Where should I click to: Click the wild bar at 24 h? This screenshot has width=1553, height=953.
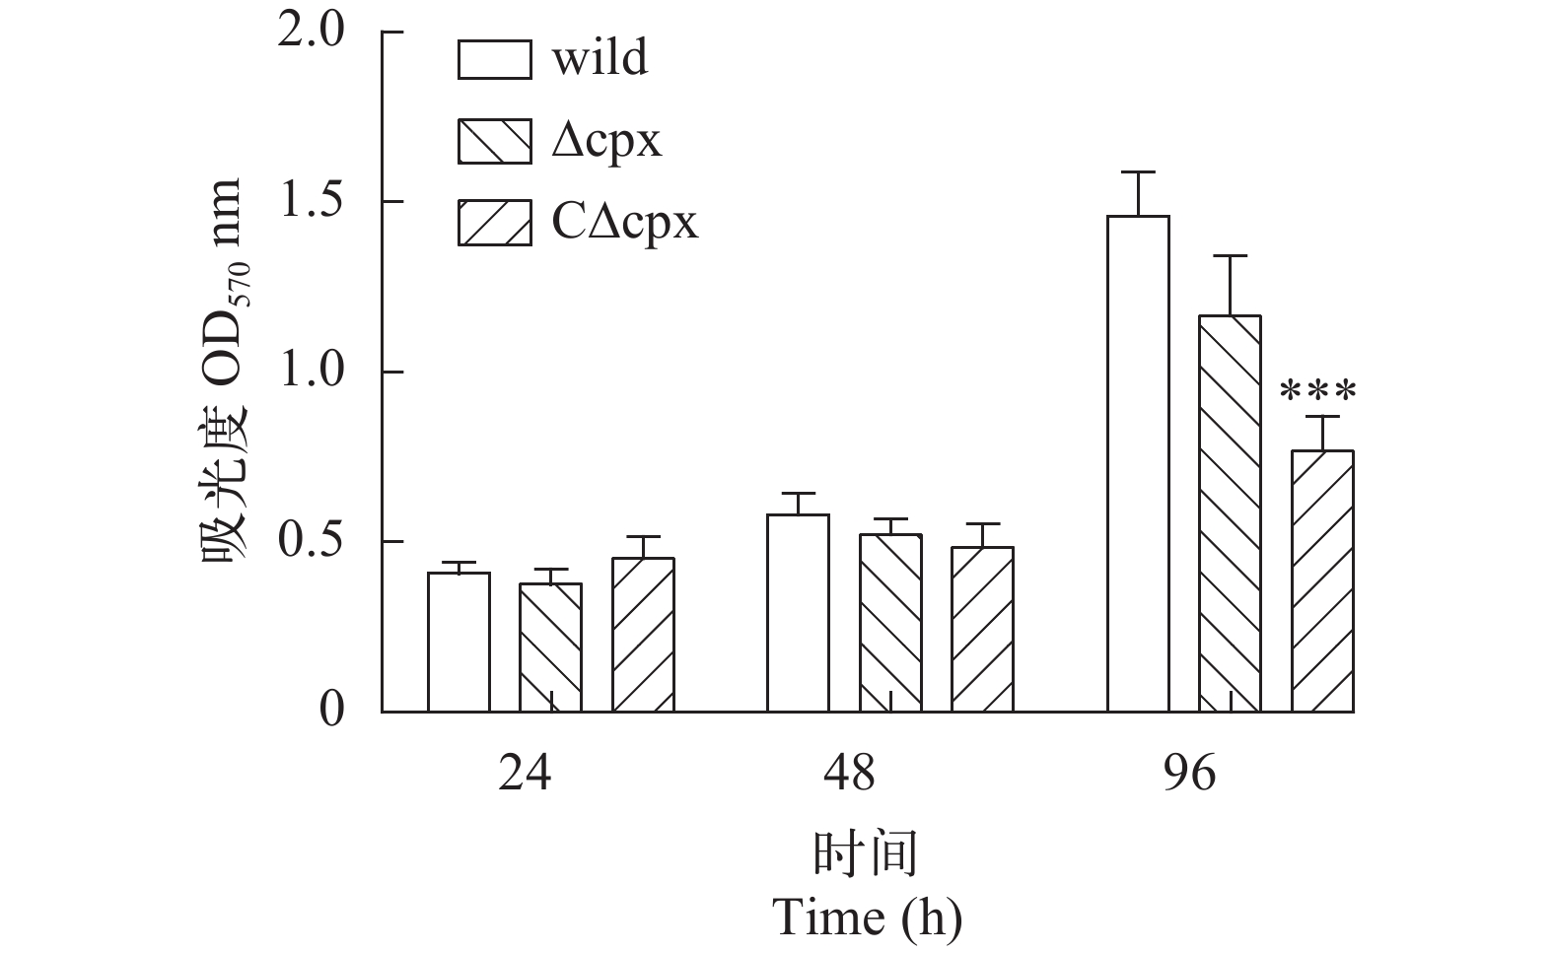click(459, 642)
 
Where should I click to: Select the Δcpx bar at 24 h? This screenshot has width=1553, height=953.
click(550, 647)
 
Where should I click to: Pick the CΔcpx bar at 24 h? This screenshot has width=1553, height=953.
click(643, 635)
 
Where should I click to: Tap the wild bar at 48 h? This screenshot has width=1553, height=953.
click(798, 613)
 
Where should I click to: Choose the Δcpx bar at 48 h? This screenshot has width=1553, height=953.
click(890, 623)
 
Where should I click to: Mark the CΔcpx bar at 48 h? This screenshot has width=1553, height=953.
click(982, 629)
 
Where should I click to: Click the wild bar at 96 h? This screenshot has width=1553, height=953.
click(1138, 463)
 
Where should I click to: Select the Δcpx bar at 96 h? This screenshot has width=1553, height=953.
click(1230, 513)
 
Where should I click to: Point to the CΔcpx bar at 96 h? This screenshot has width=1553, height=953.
click(1322, 580)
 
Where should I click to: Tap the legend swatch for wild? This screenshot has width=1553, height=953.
click(494, 59)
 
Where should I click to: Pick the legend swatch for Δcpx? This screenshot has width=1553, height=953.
click(494, 141)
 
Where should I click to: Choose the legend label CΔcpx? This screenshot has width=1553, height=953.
click(624, 223)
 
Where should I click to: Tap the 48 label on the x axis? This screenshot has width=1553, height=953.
click(849, 774)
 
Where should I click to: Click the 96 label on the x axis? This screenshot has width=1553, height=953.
click(1190, 774)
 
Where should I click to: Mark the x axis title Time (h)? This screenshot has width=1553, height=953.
click(867, 918)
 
